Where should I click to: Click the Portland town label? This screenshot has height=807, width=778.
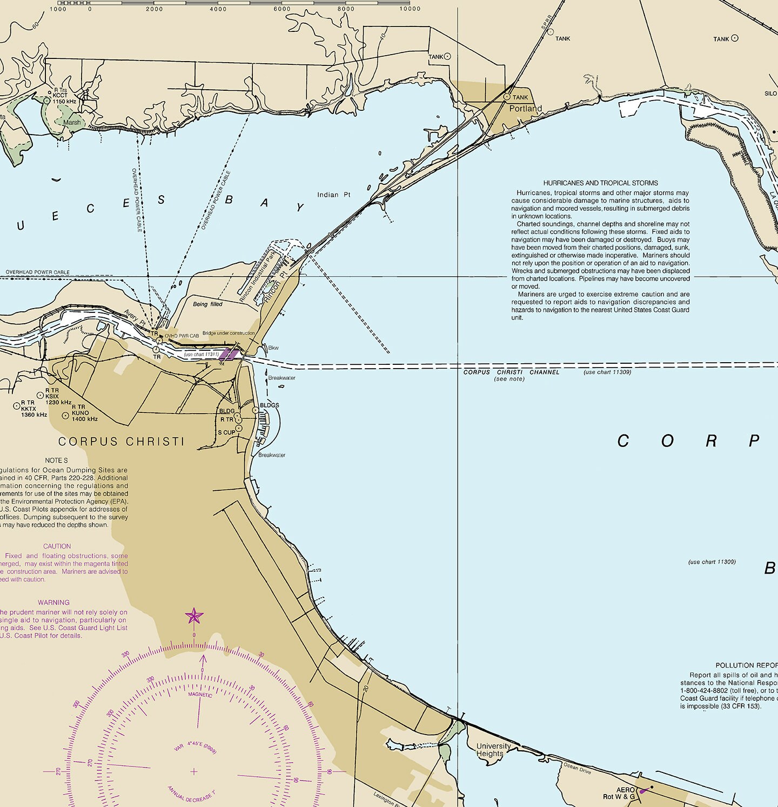coord(525,108)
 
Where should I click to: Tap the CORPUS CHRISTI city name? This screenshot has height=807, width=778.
coord(121,442)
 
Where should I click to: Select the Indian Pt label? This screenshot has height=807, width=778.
coord(333,195)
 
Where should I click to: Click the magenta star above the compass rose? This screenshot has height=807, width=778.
coord(194,616)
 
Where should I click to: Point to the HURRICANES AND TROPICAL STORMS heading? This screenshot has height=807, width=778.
coord(600,183)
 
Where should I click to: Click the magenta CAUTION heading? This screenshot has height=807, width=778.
coord(57,546)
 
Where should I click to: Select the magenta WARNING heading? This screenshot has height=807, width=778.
coord(53,602)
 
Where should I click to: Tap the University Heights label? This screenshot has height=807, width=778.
coord(493,750)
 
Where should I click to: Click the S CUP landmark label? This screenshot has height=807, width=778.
coord(226,432)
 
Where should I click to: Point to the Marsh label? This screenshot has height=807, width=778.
coord(72,123)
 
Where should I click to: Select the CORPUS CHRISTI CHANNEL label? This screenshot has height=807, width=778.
coord(511,372)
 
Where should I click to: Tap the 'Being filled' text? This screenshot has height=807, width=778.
coord(207,304)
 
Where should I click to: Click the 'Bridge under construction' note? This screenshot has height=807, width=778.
coord(228,334)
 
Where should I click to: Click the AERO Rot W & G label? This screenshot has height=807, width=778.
coord(619,793)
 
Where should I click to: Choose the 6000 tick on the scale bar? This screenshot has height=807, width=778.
coord(281,9)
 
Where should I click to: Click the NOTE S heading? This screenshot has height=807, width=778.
coord(57,461)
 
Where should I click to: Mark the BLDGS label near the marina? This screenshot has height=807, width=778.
coord(269,405)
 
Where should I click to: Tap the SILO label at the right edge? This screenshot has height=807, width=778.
coord(770,94)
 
